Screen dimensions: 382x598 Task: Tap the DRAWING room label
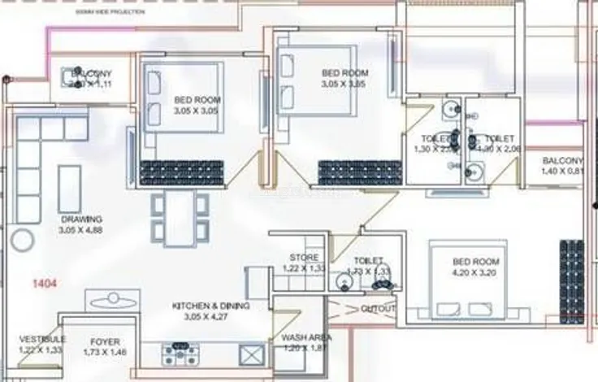[80, 219]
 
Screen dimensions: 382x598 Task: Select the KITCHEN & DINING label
[207, 306]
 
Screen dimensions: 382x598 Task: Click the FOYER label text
[106, 341]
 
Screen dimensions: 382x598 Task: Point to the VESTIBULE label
[43, 339]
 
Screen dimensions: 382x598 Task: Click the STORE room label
[303, 258]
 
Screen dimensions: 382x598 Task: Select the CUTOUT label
[379, 309]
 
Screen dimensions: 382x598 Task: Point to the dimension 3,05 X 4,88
[80, 230]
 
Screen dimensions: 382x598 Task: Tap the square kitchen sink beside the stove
[253, 354]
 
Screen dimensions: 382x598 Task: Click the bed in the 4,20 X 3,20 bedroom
[470, 280]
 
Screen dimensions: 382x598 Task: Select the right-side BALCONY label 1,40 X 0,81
[562, 166]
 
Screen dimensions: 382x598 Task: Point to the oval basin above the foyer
[114, 302]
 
